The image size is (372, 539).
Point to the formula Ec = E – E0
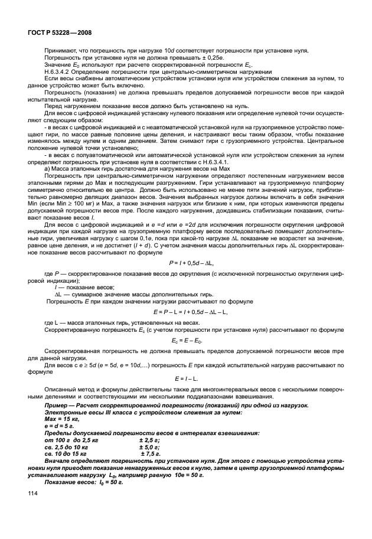point(187,341)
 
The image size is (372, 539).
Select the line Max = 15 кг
point(62,419)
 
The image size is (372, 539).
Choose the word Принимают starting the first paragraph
point(60,53)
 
